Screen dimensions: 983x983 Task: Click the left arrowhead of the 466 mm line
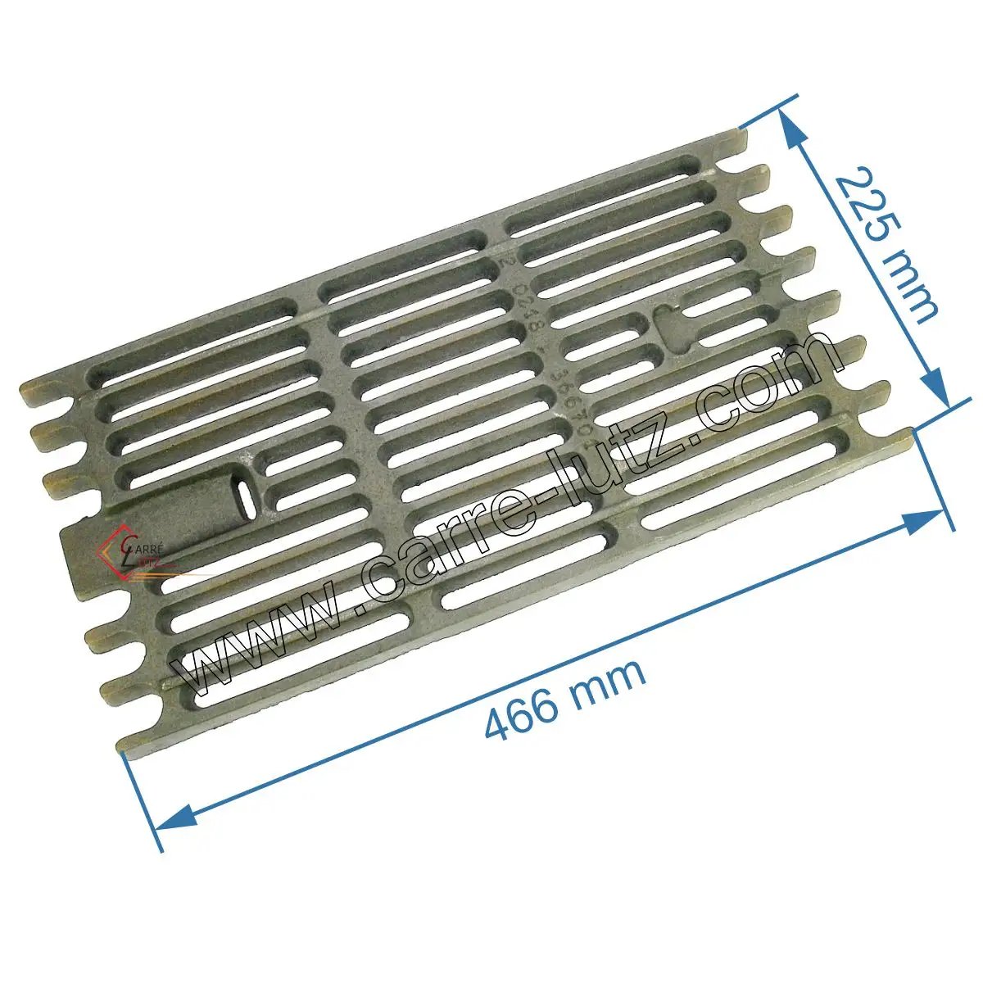point(175,816)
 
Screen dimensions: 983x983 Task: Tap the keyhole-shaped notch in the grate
point(669,325)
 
